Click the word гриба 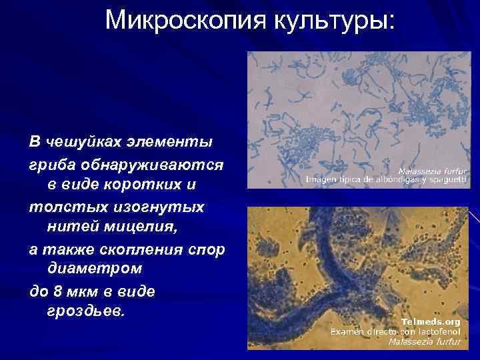point(51,163)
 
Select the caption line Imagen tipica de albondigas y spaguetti point(386,180)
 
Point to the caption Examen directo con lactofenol point(396,331)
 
